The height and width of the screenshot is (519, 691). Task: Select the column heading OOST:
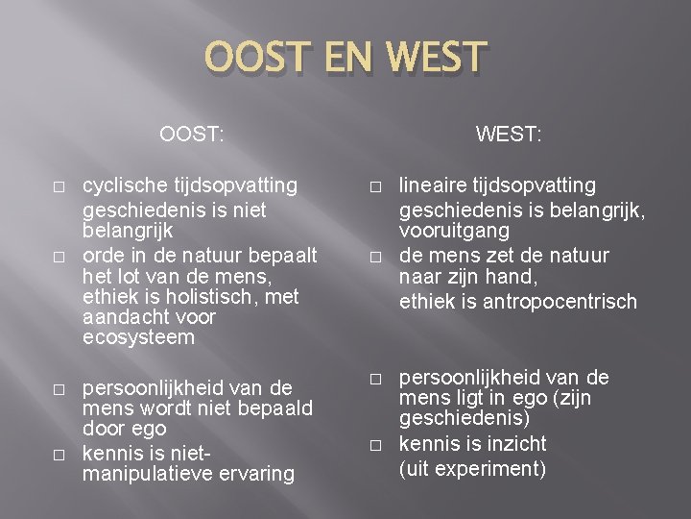pos(192,135)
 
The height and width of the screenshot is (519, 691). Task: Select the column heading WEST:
pos(510,135)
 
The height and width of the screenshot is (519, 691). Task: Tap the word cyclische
pos(124,185)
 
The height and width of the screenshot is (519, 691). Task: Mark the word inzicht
pos(512,444)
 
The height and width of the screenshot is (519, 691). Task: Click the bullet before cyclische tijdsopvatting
pos(60,185)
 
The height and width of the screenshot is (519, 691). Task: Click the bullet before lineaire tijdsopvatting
pos(376,185)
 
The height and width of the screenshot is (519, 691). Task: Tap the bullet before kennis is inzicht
pos(376,445)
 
